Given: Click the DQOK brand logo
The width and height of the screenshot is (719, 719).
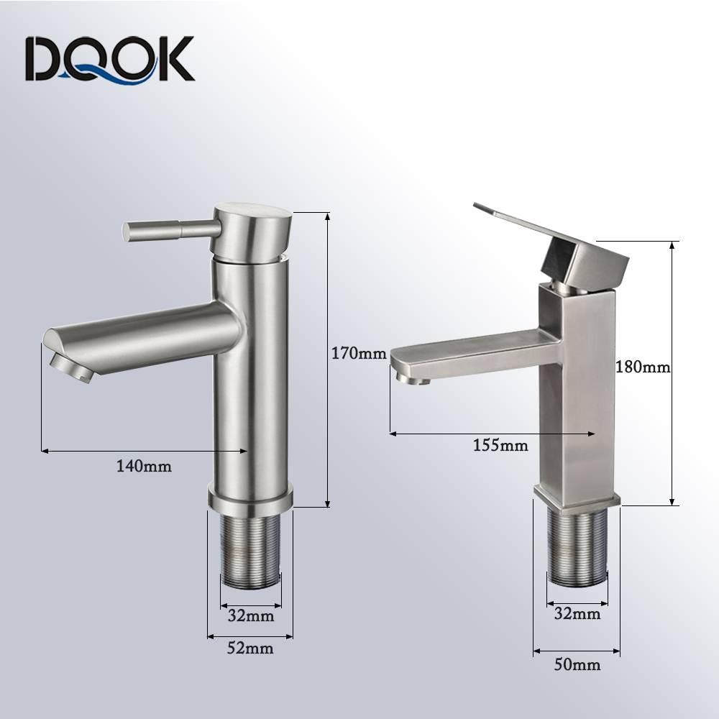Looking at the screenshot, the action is pyautogui.click(x=109, y=60).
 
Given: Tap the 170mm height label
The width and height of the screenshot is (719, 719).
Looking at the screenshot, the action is pyautogui.click(x=359, y=354).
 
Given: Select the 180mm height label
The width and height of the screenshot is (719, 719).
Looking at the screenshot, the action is pyautogui.click(x=643, y=367).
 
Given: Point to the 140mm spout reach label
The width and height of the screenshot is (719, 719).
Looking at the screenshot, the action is pyautogui.click(x=144, y=467).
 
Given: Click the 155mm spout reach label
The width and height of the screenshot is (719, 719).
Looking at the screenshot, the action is pyautogui.click(x=500, y=445).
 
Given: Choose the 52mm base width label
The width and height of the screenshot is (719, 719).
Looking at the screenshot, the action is pyautogui.click(x=250, y=649).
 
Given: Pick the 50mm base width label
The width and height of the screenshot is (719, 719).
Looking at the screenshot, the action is pyautogui.click(x=577, y=664).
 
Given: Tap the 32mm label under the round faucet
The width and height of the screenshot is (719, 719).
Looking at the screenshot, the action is pyautogui.click(x=251, y=616).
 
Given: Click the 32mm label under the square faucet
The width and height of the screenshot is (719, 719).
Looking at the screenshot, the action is pyautogui.click(x=577, y=613).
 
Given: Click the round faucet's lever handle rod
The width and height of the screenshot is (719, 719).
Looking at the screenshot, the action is pyautogui.click(x=172, y=229).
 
